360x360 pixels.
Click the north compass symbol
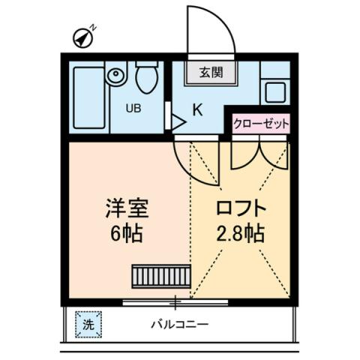pyautogui.click(x=83, y=36)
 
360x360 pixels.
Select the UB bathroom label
pyautogui.click(x=133, y=107)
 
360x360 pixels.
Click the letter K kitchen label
pyautogui.click(x=197, y=109)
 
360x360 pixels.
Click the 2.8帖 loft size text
pyautogui.click(x=241, y=232)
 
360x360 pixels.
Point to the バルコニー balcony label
pyautogui.click(x=179, y=325)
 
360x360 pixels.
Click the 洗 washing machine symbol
pyautogui.click(x=88, y=325)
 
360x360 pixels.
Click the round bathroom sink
pyautogui.click(x=115, y=75)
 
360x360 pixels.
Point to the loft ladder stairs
pyautogui.click(x=161, y=275)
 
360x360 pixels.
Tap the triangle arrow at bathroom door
pyautogui.click(x=178, y=121)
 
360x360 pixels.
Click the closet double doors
pyautogui.click(x=259, y=154)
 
